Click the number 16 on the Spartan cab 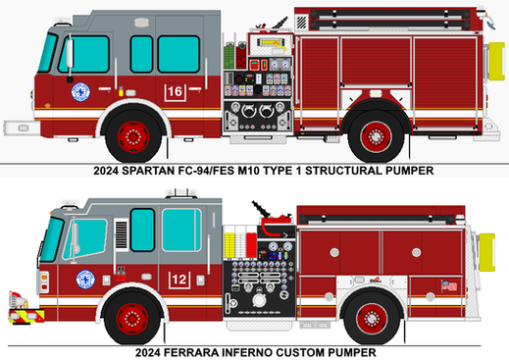click(x=175, y=91)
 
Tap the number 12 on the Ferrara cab click(x=179, y=280)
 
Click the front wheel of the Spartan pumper click(x=133, y=136)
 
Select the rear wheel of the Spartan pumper click(x=376, y=136)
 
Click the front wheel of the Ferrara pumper click(x=132, y=319)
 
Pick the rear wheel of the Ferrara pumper click(x=372, y=319)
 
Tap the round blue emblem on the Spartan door click(x=80, y=92)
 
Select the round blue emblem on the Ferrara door click(x=85, y=280)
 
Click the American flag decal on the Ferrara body click(x=449, y=286)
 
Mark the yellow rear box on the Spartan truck click(x=496, y=61)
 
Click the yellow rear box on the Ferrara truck click(x=487, y=252)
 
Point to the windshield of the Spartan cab click(x=48, y=53)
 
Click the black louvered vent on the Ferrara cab click(x=122, y=234)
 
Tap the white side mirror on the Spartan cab click(x=70, y=52)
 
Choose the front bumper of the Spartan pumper click(x=22, y=128)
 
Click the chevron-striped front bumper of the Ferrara click(x=26, y=316)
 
